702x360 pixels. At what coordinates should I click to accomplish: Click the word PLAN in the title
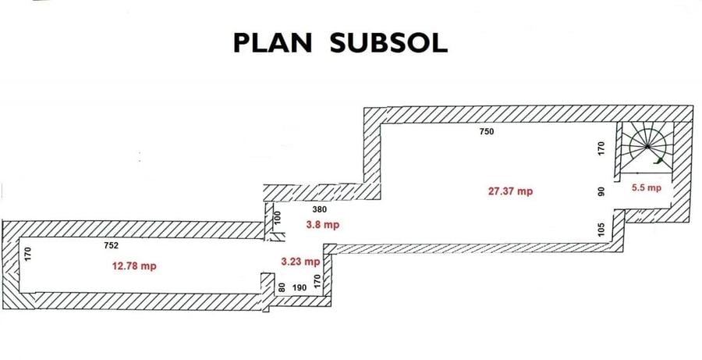coord(273,44)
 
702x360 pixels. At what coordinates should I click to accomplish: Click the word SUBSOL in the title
coord(388,44)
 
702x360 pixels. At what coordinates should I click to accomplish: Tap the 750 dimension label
coord(487,131)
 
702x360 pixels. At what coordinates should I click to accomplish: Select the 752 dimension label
coord(111,245)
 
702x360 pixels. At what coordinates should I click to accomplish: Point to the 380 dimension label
coord(320,209)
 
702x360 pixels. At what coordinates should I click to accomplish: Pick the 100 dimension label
coord(277,218)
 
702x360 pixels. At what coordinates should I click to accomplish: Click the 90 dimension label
coord(601,191)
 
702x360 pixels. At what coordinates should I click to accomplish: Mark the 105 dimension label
coord(601,229)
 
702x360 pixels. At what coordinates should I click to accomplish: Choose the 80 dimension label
coord(282,287)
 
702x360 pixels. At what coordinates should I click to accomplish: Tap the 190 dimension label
coord(299,288)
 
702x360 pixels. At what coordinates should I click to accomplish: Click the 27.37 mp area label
coord(510,191)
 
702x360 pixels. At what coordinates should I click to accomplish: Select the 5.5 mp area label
coord(647,188)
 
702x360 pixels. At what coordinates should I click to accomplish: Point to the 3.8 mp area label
coord(323,225)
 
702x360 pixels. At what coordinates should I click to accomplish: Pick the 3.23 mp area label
coord(300,262)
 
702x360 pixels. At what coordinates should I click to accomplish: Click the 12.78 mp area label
coord(134,266)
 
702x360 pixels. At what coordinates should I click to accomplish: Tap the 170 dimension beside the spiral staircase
coord(601,148)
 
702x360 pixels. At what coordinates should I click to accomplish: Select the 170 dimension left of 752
coord(28,255)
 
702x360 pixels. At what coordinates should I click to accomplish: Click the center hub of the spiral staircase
coord(647,146)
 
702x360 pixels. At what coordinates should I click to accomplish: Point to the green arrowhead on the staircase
coord(658,161)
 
